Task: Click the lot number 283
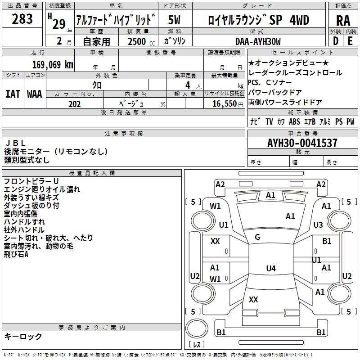point(22,19)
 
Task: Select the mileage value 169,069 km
point(52,64)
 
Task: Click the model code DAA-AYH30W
point(258,41)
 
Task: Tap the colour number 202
point(74,104)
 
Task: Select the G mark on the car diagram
point(257,237)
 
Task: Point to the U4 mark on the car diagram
point(270,269)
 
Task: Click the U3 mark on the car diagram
point(318,225)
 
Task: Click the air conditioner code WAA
point(35,94)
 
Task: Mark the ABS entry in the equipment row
point(295,121)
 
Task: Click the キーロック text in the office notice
point(23,337)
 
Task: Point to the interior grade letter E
point(350,41)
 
